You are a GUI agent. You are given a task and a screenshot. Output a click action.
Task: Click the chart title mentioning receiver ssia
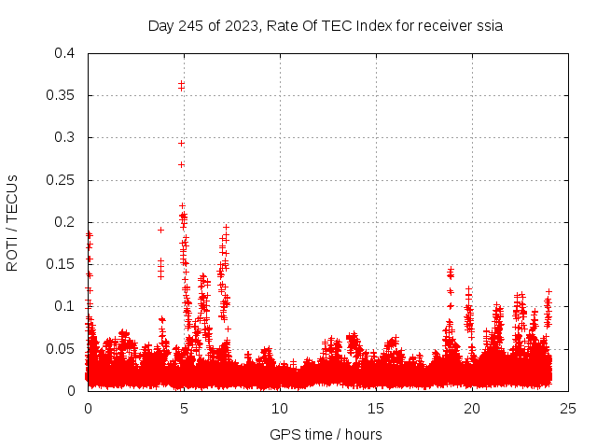(326, 26)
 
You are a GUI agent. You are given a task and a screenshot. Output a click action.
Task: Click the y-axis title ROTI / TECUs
(12, 223)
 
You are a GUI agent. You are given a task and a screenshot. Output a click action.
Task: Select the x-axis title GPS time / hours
(326, 434)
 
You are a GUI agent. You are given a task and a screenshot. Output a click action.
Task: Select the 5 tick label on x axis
(184, 408)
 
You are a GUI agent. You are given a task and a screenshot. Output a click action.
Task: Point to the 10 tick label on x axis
(280, 408)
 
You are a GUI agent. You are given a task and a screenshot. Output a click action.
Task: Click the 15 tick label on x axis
(376, 408)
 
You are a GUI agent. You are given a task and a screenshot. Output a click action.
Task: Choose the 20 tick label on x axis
(472, 408)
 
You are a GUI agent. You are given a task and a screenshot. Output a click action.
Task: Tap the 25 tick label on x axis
(568, 408)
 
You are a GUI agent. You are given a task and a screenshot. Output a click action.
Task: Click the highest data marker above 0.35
(181, 84)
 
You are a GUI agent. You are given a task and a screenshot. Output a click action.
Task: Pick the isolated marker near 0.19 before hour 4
(160, 230)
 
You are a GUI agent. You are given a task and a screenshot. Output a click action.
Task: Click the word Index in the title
(365, 26)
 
